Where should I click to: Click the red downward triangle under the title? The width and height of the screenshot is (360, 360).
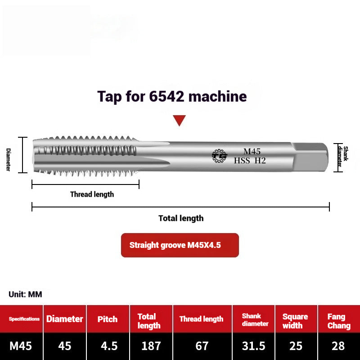click(180, 120)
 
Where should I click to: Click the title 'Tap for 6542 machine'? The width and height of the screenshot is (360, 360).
click(172, 96)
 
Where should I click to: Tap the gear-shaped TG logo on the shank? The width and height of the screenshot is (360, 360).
click(220, 156)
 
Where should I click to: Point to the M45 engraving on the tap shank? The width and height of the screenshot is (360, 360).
click(252, 151)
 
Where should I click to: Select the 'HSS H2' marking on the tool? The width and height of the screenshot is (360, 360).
click(250, 160)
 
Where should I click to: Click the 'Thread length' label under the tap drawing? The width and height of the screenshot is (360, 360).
click(92, 194)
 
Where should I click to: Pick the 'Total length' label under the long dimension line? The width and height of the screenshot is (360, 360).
click(181, 218)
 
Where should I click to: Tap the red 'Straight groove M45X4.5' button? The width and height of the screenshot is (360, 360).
click(180, 245)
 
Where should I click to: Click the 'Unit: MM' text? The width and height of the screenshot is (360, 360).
click(25, 294)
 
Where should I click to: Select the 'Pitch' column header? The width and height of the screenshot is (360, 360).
click(108, 319)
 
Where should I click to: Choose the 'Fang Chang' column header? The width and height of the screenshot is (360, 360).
click(338, 321)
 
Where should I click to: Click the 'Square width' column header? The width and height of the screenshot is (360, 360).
click(295, 321)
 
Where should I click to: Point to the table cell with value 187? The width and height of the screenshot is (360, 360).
click(151, 346)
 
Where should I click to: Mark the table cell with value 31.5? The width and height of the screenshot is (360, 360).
click(254, 346)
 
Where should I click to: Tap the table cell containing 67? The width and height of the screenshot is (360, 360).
click(202, 346)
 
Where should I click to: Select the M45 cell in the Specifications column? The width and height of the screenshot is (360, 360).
click(21, 346)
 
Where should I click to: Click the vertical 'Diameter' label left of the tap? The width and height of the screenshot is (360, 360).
click(8, 159)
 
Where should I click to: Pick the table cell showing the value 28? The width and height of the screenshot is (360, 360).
click(338, 346)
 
